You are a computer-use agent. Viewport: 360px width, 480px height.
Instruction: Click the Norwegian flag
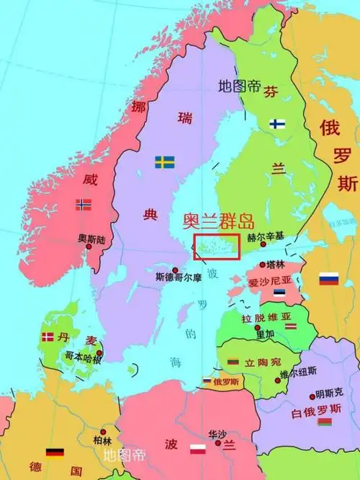84,205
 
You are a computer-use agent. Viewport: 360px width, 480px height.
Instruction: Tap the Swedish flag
165,162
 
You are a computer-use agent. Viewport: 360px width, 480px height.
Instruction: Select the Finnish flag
278,124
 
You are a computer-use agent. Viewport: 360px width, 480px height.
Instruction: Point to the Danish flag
48,337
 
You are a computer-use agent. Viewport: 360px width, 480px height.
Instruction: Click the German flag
55,453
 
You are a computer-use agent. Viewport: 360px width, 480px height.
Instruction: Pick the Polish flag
199,451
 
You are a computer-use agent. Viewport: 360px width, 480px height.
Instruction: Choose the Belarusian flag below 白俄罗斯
324,421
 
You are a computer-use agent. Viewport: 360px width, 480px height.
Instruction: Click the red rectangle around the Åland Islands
217,245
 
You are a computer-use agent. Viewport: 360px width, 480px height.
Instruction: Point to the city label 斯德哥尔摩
179,276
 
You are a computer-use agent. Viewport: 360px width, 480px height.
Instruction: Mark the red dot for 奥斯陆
89,246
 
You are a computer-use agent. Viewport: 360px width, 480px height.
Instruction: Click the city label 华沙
217,434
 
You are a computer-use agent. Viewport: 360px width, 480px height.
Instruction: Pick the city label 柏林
102,440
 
